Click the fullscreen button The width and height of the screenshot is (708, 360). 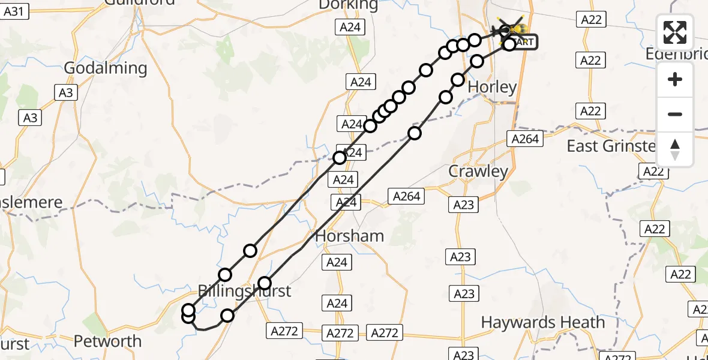tap(675, 32)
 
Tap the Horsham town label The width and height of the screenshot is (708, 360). tap(349, 236)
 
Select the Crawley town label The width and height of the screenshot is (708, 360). tap(478, 172)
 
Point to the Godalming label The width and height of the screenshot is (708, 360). tap(105, 68)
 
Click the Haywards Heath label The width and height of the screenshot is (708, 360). tap(543, 322)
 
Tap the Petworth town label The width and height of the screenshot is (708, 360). tap(107, 341)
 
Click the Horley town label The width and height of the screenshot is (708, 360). tap(492, 88)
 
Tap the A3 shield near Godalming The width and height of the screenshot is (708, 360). tap(65, 92)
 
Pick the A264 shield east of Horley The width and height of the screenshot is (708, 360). tap(526, 139)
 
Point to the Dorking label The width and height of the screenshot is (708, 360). tap(349, 5)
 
